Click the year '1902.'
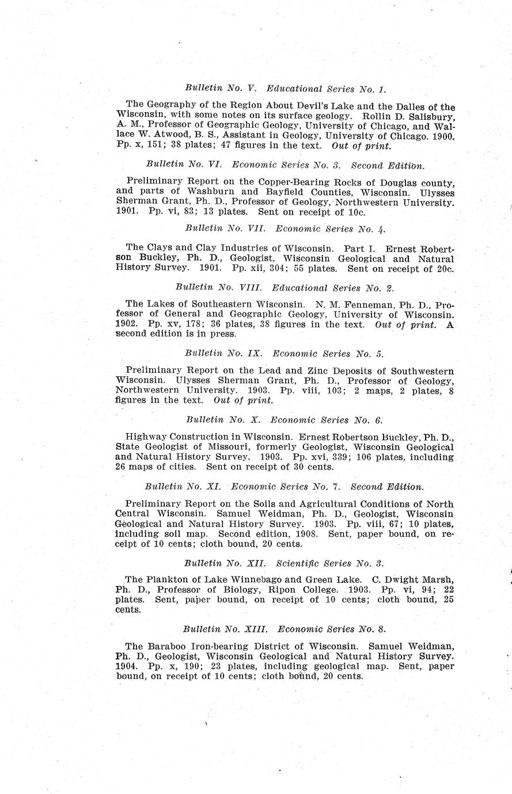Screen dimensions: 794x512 [x=128, y=324]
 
